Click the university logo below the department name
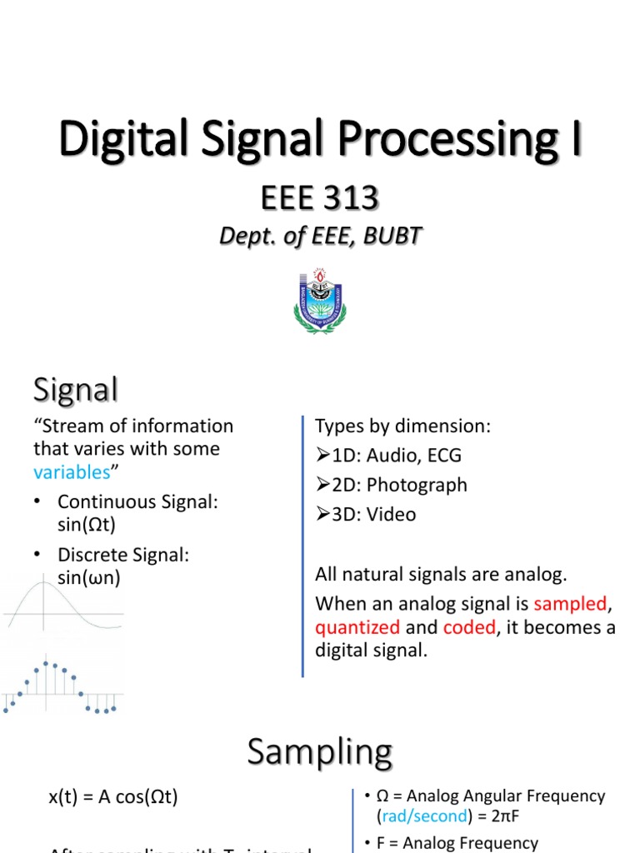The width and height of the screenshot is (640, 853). [x=319, y=302]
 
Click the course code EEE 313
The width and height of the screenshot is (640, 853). [x=319, y=199]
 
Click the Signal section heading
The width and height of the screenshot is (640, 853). [x=75, y=389]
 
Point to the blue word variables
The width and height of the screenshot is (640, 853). [x=72, y=472]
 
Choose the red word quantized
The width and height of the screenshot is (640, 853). [x=357, y=627]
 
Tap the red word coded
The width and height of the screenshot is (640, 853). [x=469, y=627]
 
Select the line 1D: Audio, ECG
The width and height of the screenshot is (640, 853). [x=388, y=456]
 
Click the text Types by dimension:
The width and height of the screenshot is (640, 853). [x=402, y=426]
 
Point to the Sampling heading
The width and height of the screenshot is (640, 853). [x=319, y=752]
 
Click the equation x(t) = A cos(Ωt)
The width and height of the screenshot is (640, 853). [x=112, y=796]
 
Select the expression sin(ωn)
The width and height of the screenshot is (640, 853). [x=89, y=577]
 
